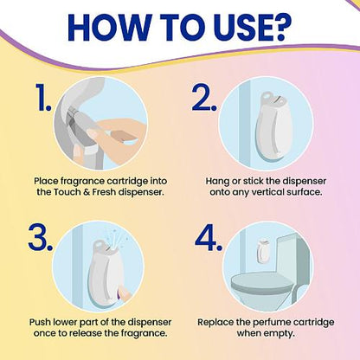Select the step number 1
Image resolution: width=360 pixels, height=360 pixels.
coord(43,97)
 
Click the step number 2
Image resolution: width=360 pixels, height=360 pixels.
coord(204,97)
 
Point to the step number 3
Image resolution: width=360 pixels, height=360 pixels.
coord(41,237)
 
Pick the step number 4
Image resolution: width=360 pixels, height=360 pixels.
coord(209,237)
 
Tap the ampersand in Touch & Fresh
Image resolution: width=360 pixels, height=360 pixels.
coord(86,192)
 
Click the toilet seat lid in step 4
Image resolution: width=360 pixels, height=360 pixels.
coord(262,281)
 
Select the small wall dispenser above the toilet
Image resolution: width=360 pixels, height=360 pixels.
coord(262,251)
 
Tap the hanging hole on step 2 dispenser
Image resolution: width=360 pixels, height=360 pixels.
coord(268,94)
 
